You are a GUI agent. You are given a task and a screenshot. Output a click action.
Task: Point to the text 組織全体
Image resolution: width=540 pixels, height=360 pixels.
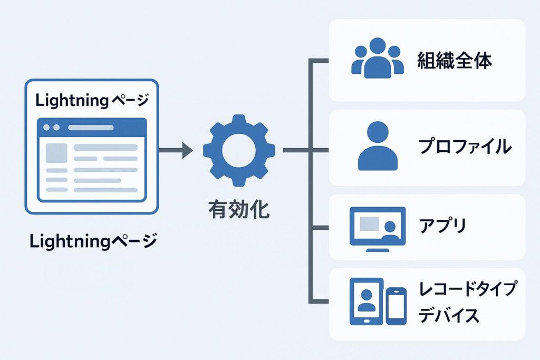coord(455,61)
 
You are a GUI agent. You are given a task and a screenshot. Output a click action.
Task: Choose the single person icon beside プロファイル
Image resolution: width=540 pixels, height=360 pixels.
coord(378,146)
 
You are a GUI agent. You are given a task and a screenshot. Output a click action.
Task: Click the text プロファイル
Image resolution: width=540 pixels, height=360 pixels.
coord(465,147)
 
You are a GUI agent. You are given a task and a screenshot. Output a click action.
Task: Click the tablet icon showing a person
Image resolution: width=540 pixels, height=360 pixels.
coord(366,301)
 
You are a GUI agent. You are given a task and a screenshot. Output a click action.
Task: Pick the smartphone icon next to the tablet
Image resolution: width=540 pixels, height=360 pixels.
coord(396,306)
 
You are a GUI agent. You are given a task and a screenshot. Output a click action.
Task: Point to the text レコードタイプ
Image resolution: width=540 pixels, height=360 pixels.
coord(468,289)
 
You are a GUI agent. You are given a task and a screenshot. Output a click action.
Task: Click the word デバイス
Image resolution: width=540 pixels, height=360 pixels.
coord(449,315)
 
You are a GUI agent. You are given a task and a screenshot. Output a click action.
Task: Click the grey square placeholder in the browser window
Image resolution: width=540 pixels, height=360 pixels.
coord(56,153)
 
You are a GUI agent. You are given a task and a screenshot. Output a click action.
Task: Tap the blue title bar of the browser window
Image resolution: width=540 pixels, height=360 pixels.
coord(92,128)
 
